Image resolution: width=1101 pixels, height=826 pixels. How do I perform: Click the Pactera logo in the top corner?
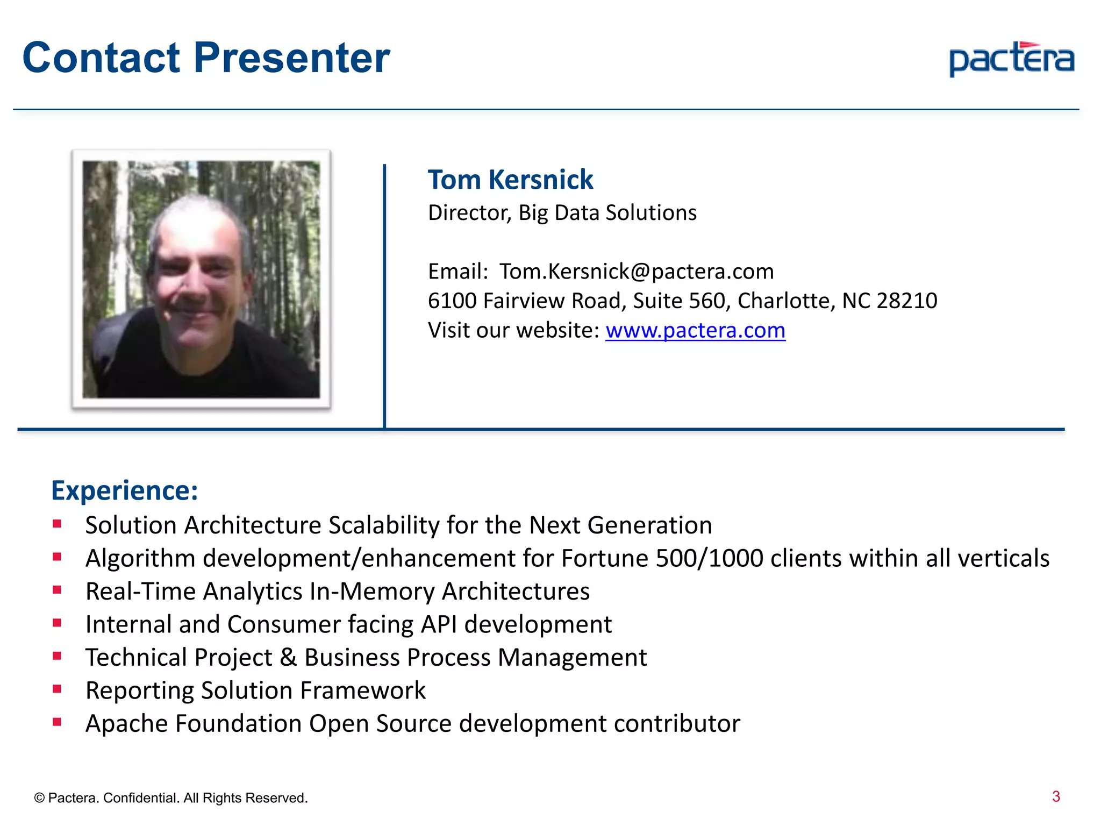(1011, 59)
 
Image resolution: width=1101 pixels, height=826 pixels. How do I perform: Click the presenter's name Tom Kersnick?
(510, 180)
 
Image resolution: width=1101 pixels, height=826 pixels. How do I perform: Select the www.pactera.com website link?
(695, 330)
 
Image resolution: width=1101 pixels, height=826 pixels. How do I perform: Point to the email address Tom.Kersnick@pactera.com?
(637, 272)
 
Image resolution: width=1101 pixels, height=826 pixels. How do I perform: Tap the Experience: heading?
(125, 490)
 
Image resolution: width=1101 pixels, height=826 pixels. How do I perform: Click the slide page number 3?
(1055, 796)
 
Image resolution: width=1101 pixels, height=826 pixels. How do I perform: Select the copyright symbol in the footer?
(39, 798)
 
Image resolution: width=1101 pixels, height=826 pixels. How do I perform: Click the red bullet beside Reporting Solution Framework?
(57, 689)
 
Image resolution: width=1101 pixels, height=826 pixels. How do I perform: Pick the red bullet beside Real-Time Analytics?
(57, 590)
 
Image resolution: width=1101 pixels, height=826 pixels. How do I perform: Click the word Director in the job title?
(469, 213)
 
